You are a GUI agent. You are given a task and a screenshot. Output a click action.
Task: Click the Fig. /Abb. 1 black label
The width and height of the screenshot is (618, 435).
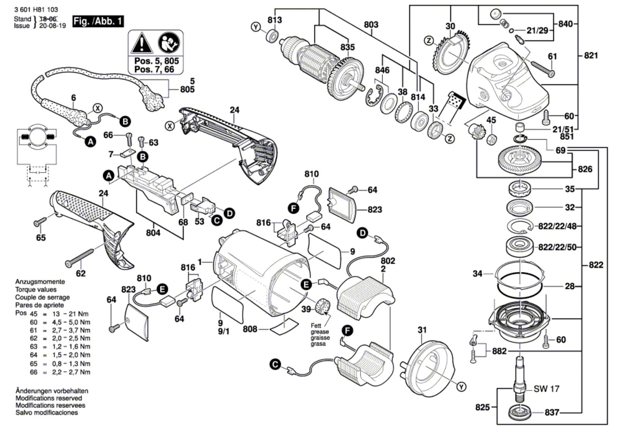pyautogui.click(x=98, y=21)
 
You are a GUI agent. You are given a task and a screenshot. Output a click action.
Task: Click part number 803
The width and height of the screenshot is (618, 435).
pyautogui.click(x=371, y=25)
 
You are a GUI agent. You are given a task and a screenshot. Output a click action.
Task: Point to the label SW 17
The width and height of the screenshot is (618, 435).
pyautogui.click(x=547, y=389)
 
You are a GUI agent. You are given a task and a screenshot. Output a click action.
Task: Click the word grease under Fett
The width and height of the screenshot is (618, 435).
pyautogui.click(x=320, y=332)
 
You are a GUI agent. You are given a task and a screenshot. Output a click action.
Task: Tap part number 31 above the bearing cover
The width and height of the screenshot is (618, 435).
pyautogui.click(x=422, y=330)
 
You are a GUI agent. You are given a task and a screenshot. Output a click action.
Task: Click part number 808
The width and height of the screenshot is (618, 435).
pyautogui.click(x=250, y=330)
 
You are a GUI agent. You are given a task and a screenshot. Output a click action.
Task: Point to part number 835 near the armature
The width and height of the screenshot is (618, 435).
pyautogui.click(x=347, y=47)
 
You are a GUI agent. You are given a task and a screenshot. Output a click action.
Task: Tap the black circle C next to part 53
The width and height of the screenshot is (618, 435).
pyautogui.click(x=217, y=220)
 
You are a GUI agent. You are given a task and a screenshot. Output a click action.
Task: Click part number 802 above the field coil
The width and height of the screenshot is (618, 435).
pyautogui.click(x=387, y=261)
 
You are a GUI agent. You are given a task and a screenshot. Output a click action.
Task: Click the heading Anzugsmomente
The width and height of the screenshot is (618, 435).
pyautogui.click(x=40, y=282)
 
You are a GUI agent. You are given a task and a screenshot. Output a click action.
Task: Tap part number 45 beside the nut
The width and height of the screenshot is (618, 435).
pyautogui.click(x=491, y=121)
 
